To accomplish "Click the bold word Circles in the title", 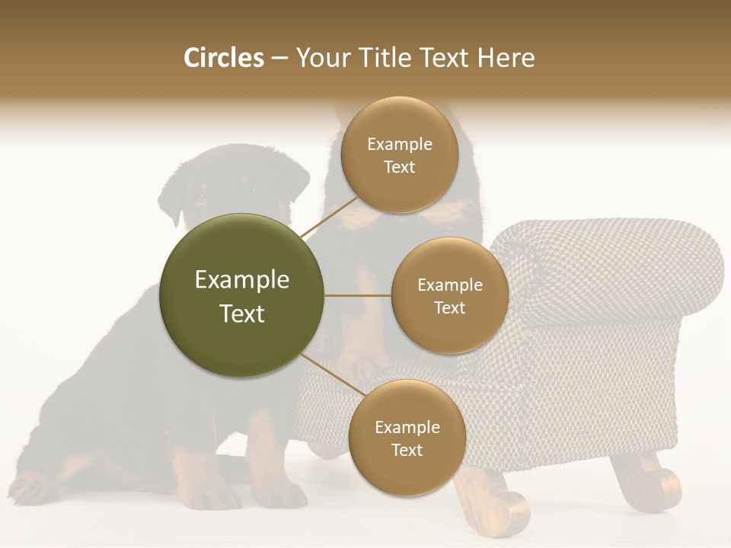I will coord(223,58).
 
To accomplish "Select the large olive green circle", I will coord(241,295).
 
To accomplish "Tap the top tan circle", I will coord(400,155).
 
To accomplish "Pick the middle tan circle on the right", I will coord(449,295).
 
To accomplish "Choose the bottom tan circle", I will coord(407,438).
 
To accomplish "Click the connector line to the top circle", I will coord(329,216).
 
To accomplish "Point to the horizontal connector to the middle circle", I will coord(358,295).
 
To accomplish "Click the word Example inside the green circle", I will coord(241,279).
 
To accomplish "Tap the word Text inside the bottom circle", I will coord(407,450).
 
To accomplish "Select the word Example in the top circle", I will coord(400,144).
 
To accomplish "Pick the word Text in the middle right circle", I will coord(449,307).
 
